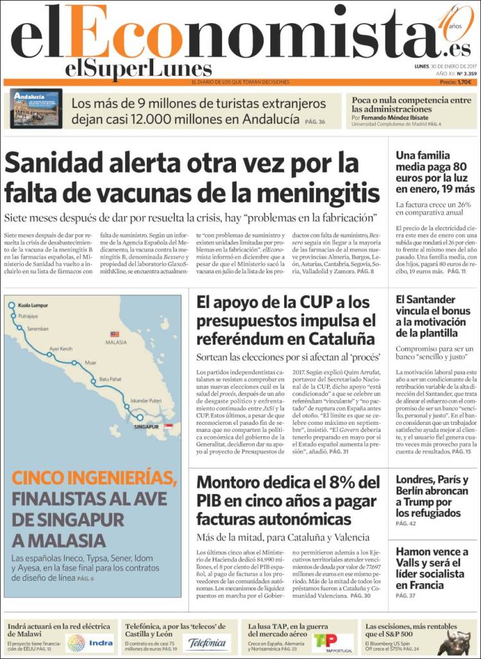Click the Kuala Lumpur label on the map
pyautogui.click(x=33, y=305)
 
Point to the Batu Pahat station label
pyautogui.click(x=110, y=379)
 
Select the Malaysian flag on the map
pyautogui.click(x=115, y=334)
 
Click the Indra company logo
pyautogui.click(x=90, y=643)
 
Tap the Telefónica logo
pyautogui.click(x=207, y=643)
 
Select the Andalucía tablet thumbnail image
pyautogui.click(x=36, y=109)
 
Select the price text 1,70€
pyautogui.click(x=464, y=82)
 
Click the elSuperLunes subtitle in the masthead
pyautogui.click(x=138, y=69)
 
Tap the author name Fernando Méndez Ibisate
pyautogui.click(x=396, y=118)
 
